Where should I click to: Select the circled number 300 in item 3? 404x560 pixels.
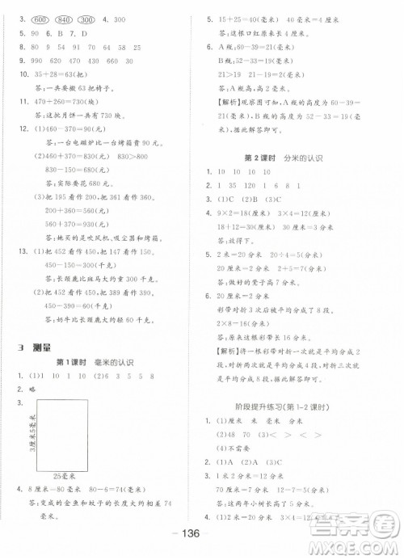(88, 17)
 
